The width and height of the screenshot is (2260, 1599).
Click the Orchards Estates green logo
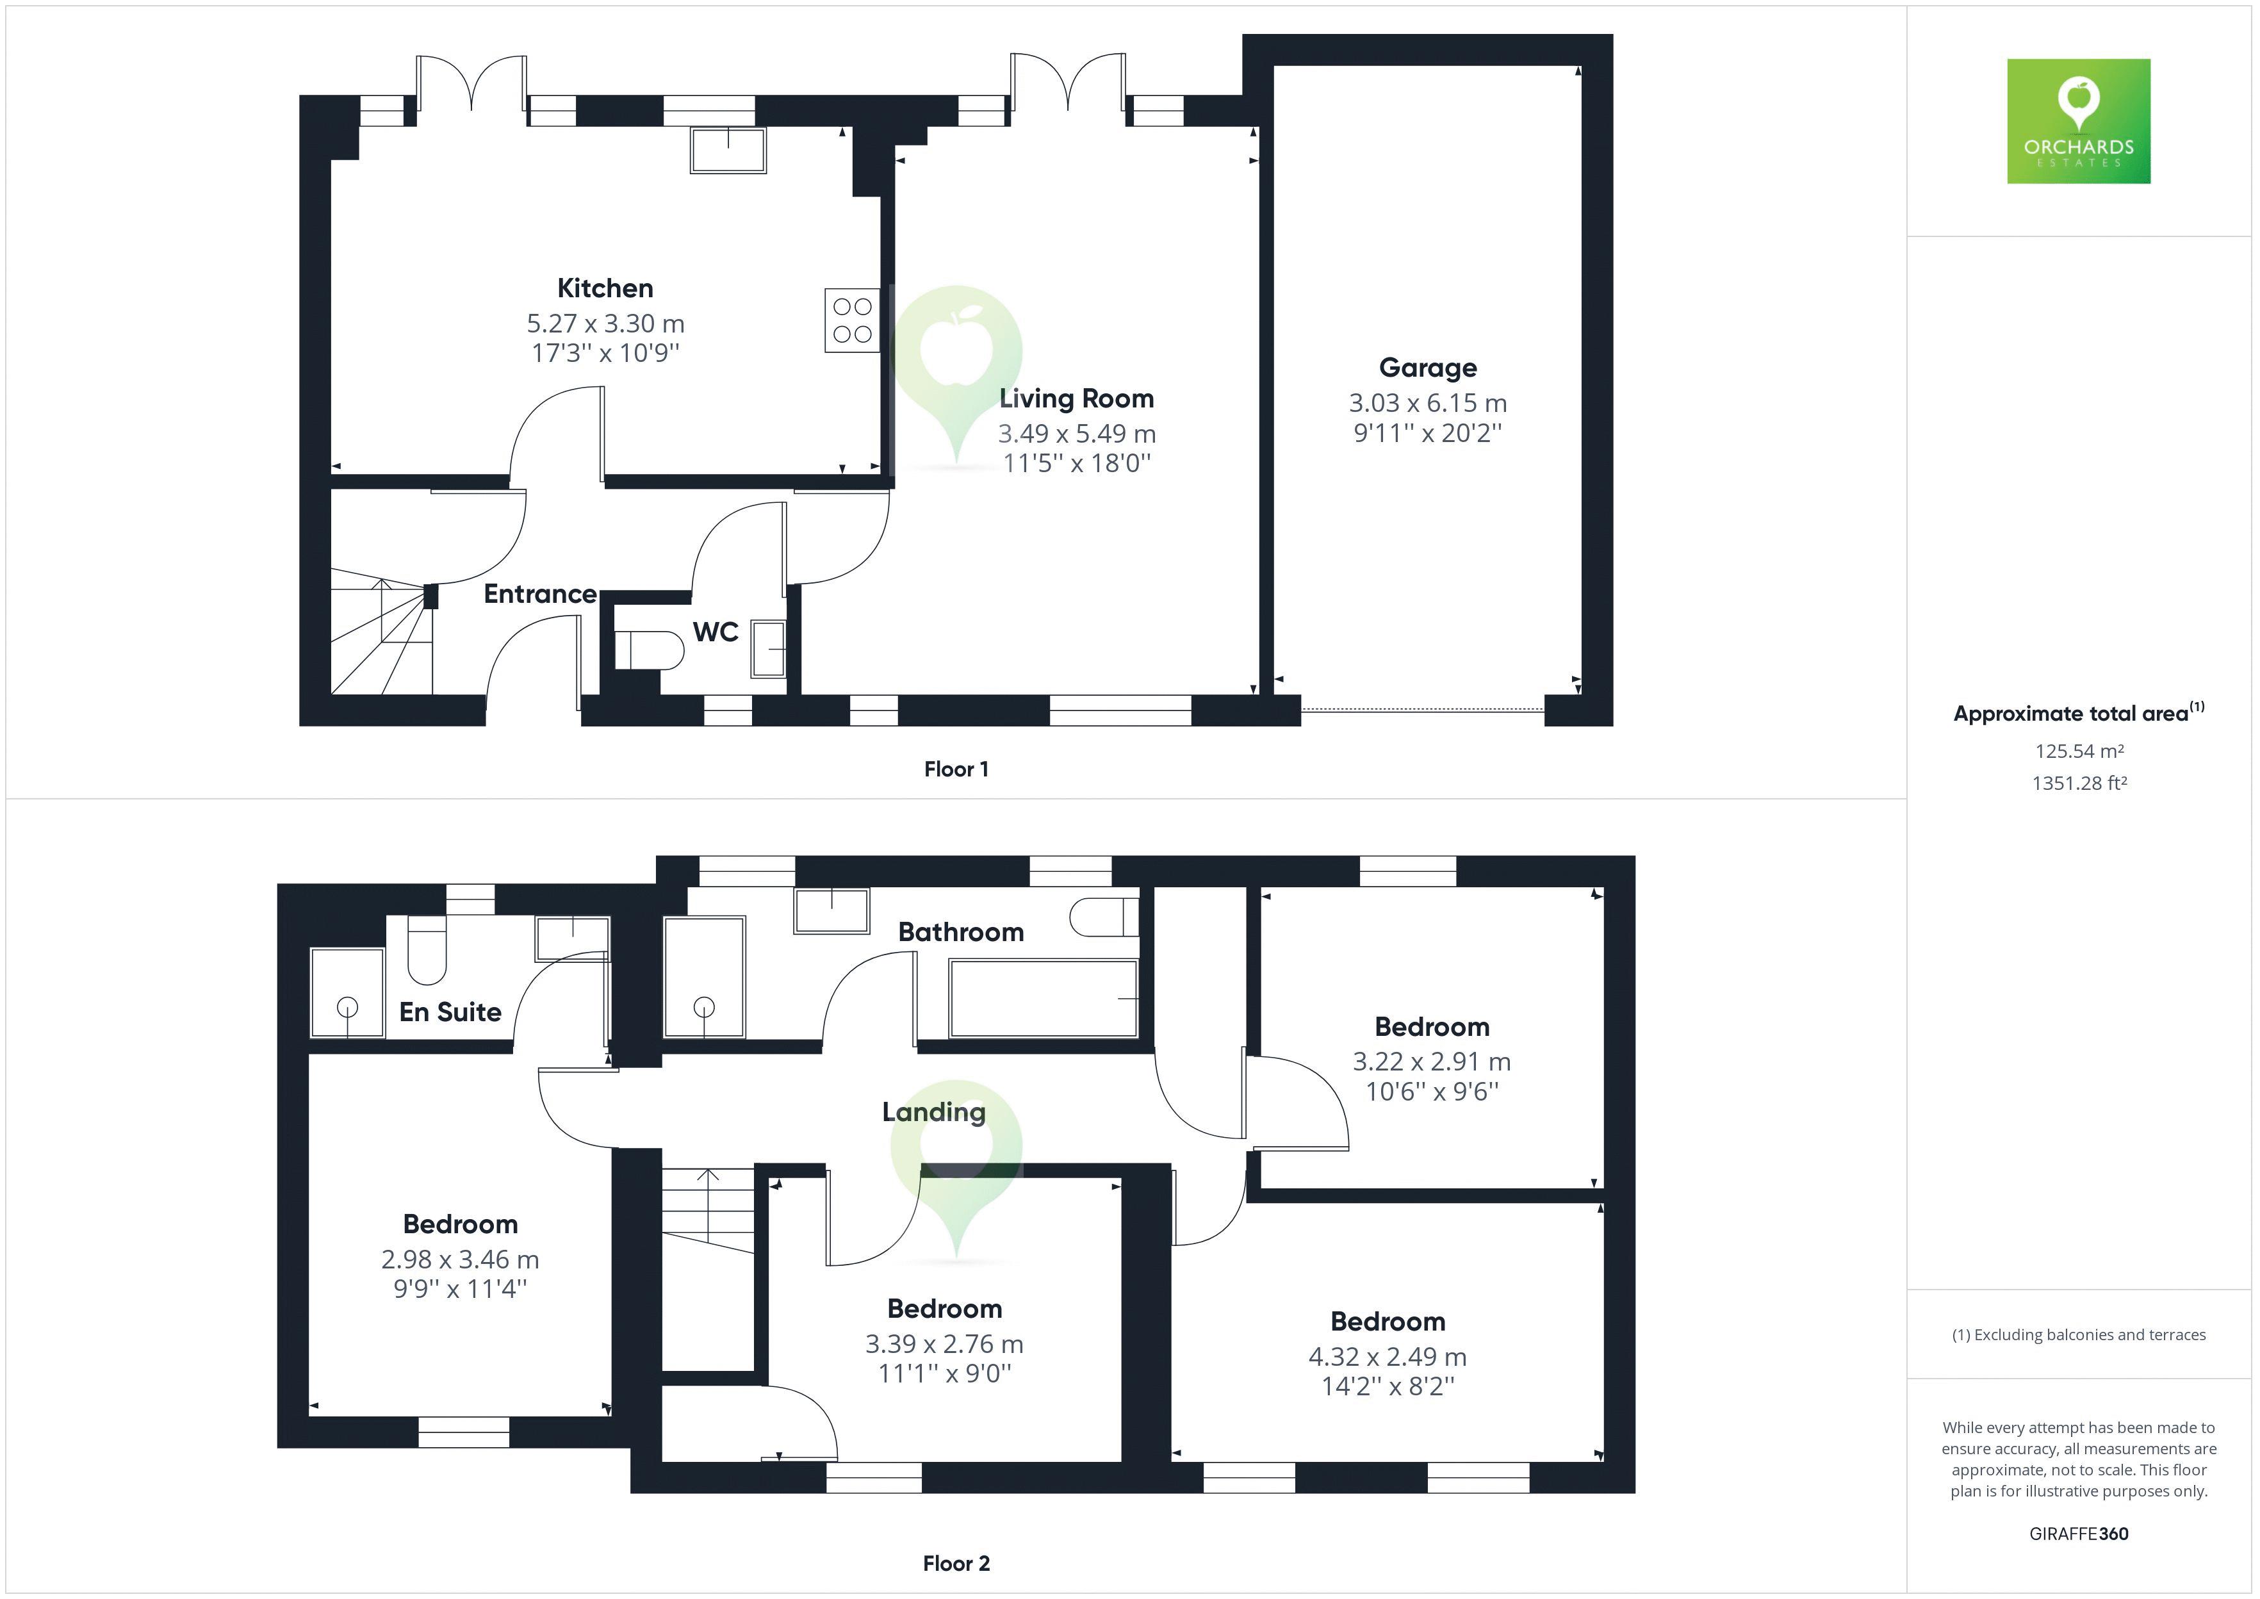pos(2078,121)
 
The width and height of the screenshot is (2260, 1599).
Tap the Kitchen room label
pos(604,288)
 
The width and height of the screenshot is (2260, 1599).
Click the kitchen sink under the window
pos(728,151)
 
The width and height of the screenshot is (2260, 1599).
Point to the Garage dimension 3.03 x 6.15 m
pos(1427,404)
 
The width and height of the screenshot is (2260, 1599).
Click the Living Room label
pos(1076,398)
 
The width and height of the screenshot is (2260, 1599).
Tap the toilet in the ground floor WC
pos(650,650)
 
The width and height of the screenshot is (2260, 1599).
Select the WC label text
pos(716,632)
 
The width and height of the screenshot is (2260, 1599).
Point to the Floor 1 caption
pos(956,769)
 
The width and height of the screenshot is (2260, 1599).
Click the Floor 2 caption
pos(956,1564)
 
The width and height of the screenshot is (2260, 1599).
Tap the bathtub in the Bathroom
pos(1044,998)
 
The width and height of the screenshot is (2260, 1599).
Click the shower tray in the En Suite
pos(347,992)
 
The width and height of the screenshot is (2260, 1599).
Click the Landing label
pos(933,1111)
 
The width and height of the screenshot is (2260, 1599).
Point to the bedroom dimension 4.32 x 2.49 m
pos(1387,1357)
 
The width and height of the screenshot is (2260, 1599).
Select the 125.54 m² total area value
pos(2079,751)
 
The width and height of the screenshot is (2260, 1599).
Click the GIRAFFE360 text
pos(2079,1533)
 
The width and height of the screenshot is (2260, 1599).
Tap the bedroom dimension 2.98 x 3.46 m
pos(460,1259)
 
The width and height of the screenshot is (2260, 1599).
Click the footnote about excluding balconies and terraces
pos(2079,1335)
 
